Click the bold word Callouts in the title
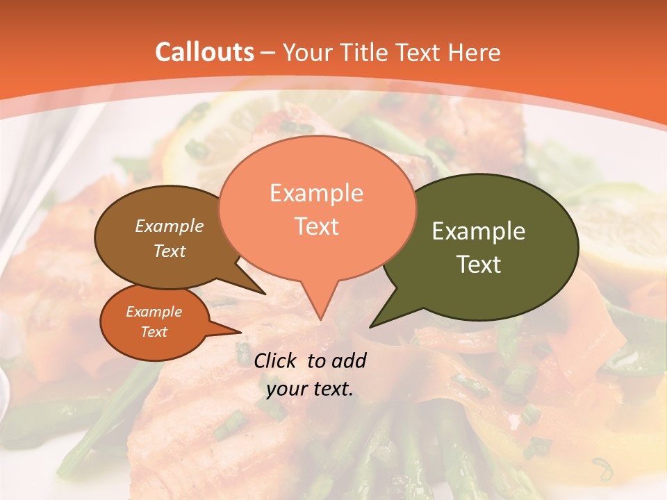[x=205, y=52]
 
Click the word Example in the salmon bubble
[x=316, y=193]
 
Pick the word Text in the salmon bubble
[x=316, y=226]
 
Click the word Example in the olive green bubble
[x=479, y=231]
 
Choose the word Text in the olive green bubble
[x=479, y=265]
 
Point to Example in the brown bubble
[x=170, y=226]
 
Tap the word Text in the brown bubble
[x=170, y=251]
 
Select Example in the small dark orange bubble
[x=154, y=312]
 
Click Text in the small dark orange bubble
[x=154, y=332]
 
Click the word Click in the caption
[x=276, y=360]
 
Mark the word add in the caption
[x=349, y=360]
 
